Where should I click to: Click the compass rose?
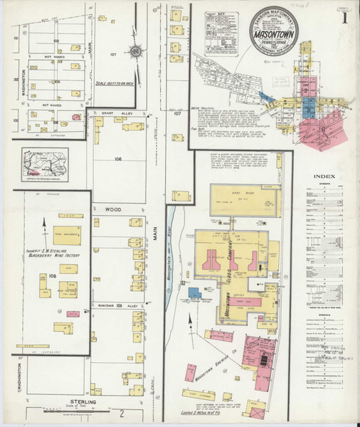tap(135, 51)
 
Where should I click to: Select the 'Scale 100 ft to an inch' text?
tap(110, 83)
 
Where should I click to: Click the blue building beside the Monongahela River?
tap(194, 292)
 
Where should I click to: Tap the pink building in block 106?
tap(76, 115)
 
